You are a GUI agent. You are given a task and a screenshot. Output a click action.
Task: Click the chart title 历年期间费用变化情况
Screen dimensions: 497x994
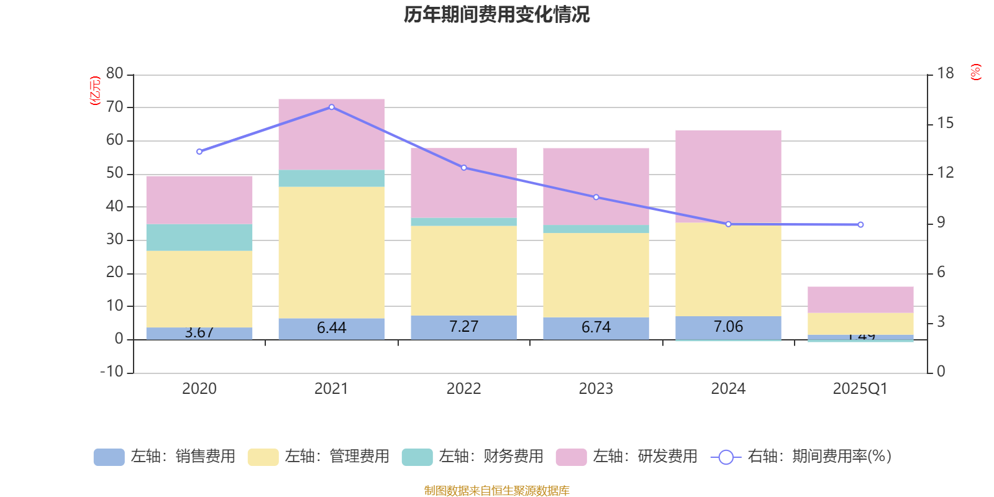point(496,14)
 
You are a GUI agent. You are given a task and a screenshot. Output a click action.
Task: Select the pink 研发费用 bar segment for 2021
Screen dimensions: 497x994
point(331,134)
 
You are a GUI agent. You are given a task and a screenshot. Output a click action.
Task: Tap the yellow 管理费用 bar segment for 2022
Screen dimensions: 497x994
point(463,270)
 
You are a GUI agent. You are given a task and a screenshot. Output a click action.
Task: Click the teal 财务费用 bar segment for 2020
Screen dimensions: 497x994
point(199,237)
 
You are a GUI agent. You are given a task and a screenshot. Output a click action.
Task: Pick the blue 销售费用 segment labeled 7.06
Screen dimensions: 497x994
point(728,327)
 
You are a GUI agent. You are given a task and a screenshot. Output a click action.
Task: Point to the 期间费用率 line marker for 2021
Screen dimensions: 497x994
point(331,107)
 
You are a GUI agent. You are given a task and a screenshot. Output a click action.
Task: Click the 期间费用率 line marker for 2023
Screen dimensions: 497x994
point(596,197)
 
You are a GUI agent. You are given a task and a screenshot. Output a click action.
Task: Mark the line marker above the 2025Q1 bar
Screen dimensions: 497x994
point(860,224)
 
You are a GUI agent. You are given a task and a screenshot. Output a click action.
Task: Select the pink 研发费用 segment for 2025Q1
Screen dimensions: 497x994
point(860,299)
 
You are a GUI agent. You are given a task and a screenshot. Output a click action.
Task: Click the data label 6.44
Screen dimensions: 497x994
point(331,327)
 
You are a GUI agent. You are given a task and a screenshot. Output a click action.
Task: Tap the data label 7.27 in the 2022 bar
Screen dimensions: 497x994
point(463,327)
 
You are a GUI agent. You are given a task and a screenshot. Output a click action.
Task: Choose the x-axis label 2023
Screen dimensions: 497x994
point(596,389)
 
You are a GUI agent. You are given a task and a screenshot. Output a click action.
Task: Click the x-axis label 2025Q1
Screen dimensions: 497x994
point(860,389)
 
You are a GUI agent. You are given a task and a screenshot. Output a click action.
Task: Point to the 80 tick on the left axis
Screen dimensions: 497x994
point(115,74)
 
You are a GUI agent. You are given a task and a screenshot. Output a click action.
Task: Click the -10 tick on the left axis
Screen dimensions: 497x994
point(112,372)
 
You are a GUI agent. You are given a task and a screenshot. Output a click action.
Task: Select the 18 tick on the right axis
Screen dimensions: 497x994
point(946,73)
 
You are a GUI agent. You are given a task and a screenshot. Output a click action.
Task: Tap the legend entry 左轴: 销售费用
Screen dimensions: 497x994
point(165,457)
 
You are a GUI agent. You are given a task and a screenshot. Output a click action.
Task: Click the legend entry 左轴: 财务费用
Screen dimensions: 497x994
point(473,457)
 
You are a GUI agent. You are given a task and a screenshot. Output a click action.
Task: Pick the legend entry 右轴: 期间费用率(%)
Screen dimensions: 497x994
point(801,457)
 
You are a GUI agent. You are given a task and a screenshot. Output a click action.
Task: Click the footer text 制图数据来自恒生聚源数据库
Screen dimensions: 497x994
point(496,491)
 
